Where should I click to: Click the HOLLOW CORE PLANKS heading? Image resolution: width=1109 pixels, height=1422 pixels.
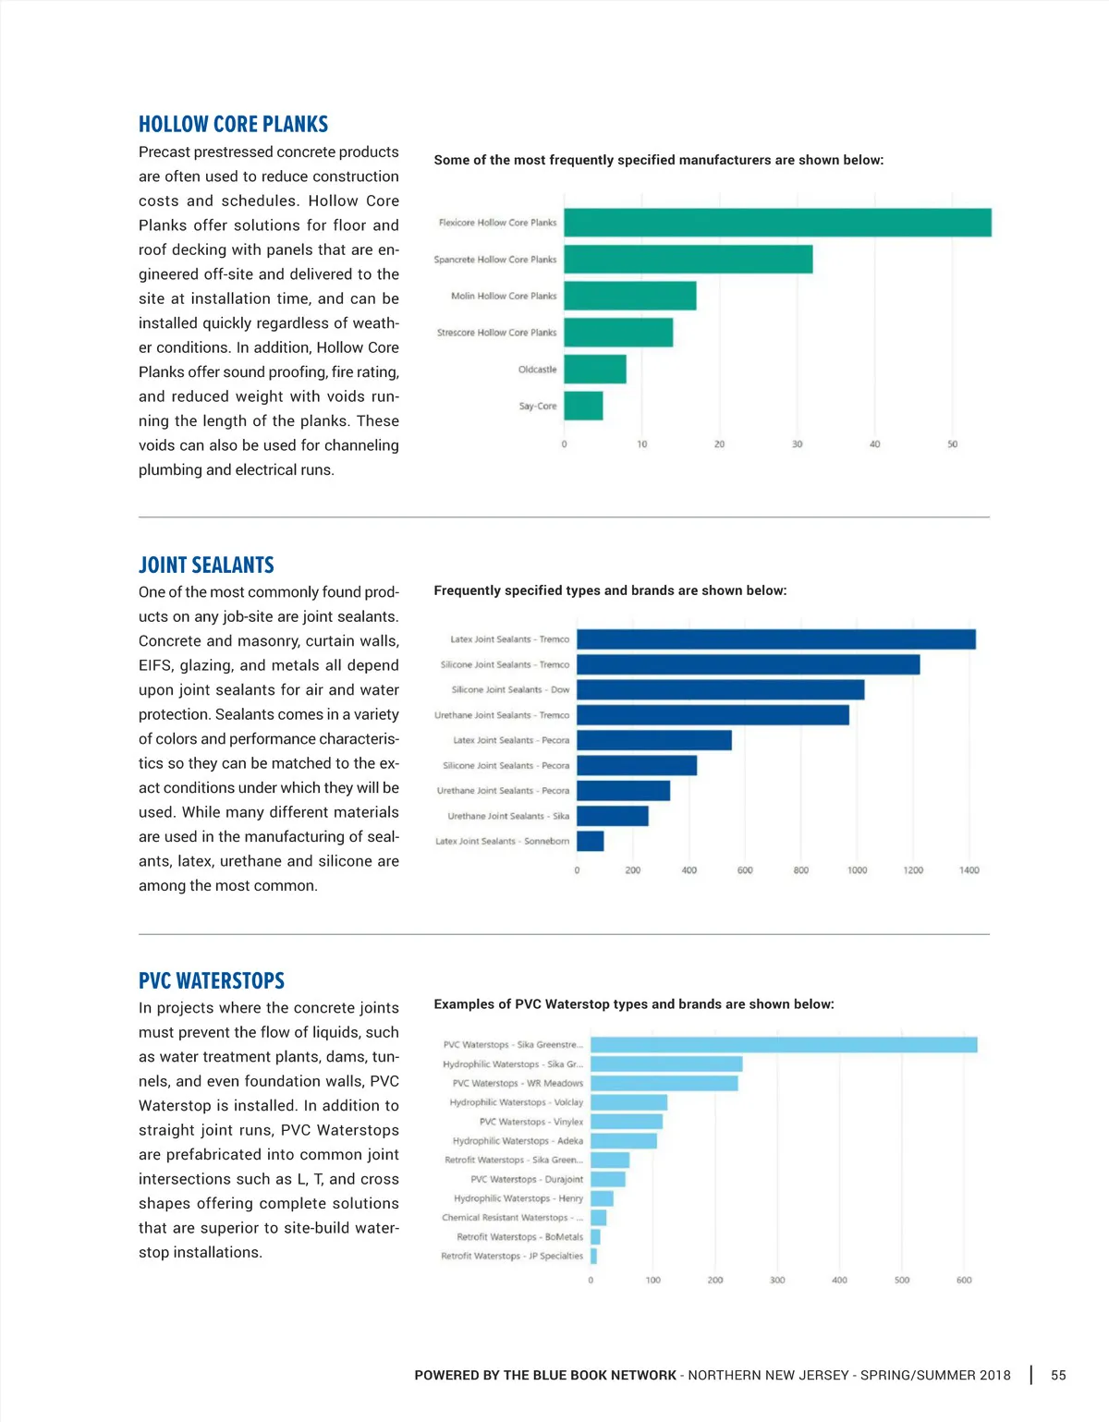(x=233, y=124)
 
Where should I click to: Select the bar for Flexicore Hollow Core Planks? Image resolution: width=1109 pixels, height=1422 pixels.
(x=777, y=223)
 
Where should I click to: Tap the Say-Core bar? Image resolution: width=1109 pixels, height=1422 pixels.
(x=583, y=406)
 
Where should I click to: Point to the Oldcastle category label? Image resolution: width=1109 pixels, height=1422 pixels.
(x=537, y=370)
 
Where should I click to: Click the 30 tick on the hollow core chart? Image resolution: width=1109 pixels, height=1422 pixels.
(x=797, y=444)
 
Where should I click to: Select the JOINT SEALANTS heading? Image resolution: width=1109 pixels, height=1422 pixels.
(x=206, y=565)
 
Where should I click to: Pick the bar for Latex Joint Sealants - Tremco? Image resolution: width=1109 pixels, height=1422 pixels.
(x=775, y=639)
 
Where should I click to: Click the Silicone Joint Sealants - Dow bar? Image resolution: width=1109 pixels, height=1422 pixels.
(x=720, y=689)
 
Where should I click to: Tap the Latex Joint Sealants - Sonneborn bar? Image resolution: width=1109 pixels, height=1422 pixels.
(x=590, y=841)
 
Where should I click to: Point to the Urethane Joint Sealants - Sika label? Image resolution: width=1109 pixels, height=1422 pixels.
(x=508, y=816)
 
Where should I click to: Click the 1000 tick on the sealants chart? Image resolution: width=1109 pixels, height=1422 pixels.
(x=857, y=870)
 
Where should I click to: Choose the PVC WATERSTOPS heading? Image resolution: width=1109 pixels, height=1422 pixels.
(x=212, y=980)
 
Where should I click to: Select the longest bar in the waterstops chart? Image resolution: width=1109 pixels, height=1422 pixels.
(x=784, y=1045)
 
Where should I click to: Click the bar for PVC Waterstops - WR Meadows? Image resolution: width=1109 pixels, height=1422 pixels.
(x=664, y=1083)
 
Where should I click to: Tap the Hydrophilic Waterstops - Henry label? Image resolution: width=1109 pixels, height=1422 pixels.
(x=518, y=1198)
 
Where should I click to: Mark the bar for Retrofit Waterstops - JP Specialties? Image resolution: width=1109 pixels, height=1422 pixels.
(x=593, y=1257)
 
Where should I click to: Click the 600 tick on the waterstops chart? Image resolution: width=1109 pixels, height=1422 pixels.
(x=964, y=1281)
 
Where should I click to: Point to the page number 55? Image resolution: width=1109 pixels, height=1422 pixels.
(x=1058, y=1375)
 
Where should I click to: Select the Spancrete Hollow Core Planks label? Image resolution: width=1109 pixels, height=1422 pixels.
(x=495, y=260)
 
